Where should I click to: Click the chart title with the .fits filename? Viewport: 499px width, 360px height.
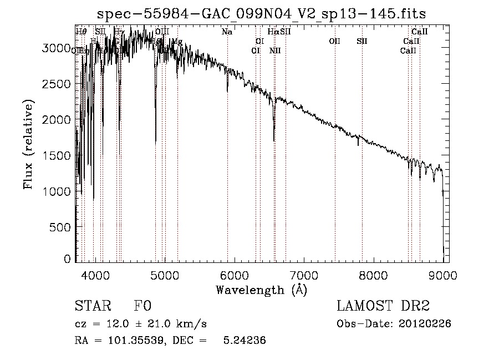pos(261,14)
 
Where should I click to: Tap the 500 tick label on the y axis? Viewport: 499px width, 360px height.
pos(63,227)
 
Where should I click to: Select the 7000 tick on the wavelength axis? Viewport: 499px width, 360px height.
pos(303,275)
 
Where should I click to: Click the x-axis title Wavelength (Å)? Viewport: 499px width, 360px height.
pos(261,290)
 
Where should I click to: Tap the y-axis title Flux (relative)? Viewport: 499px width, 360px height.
pos(28,144)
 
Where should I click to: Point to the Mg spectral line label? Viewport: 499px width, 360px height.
pos(177,42)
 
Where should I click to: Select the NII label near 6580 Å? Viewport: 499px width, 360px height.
pos(275,50)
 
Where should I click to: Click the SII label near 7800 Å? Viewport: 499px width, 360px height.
pos(362,41)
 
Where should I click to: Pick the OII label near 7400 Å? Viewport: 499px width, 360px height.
pos(334,41)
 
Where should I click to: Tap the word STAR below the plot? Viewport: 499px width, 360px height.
pos(93,306)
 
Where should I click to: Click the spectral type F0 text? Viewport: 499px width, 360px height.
pos(142,306)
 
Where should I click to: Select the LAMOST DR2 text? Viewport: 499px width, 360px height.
pos(383,306)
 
